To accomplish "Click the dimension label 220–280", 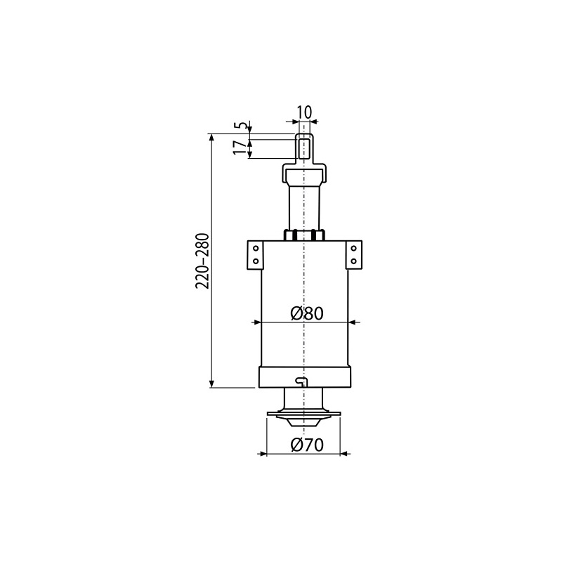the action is click(202, 261).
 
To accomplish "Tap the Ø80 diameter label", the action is click(307, 313).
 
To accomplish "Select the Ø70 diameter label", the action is click(307, 445).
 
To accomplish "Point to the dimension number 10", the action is click(305, 112).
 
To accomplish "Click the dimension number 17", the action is click(240, 148).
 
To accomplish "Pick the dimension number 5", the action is click(242, 126).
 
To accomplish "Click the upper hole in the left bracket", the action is click(256, 249).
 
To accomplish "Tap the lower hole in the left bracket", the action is click(256, 261).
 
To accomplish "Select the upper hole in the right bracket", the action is click(353, 249).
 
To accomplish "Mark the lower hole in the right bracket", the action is click(353, 261).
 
